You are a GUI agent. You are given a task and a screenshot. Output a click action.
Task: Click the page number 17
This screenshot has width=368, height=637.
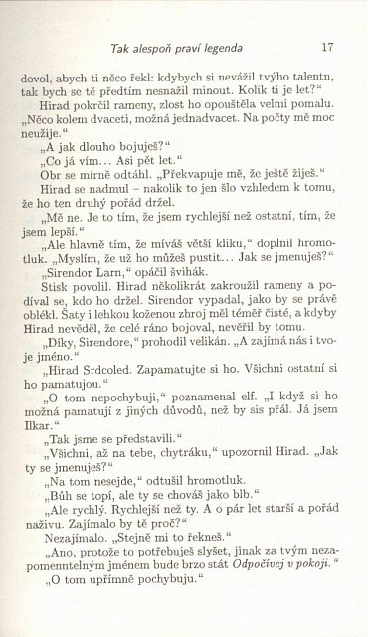(326, 47)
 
